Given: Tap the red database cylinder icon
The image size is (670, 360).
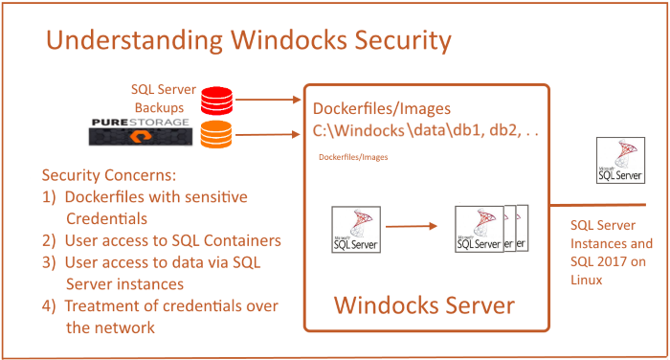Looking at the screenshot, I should point(215,99).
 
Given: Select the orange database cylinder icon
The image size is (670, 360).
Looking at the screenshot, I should point(215,133).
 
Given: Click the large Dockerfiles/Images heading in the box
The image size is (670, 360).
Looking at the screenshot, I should point(381,108).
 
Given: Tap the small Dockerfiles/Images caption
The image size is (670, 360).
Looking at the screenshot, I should point(354,155).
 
